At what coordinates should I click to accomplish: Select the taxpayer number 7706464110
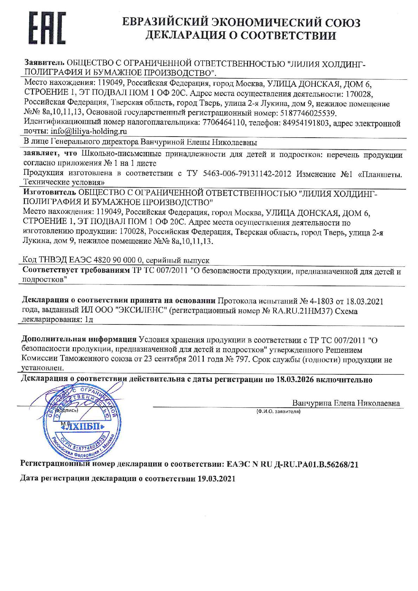tap(224, 123)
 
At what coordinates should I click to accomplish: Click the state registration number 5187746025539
tap(309, 113)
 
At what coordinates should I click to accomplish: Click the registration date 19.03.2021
tap(216, 479)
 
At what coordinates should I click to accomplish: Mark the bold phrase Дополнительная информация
tap(79, 340)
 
